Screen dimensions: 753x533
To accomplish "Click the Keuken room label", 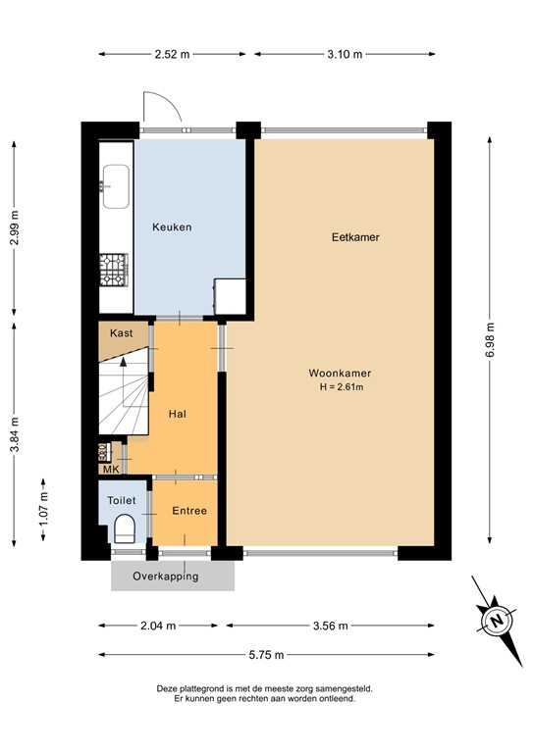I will pos(172,227).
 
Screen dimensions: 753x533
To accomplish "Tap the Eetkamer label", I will pos(354,237).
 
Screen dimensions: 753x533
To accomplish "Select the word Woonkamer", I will pos(340,373).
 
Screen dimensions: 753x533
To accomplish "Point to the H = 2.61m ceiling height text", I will pos(340,387).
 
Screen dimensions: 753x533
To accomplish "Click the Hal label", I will pos(178,414).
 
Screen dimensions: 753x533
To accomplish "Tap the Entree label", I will pos(189,511).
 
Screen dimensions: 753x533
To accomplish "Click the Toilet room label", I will pos(122,499).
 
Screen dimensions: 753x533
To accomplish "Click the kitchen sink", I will pos(114,187).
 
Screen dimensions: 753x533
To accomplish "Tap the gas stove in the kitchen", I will pos(114,270).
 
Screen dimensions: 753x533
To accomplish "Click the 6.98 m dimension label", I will pos(490,341).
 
